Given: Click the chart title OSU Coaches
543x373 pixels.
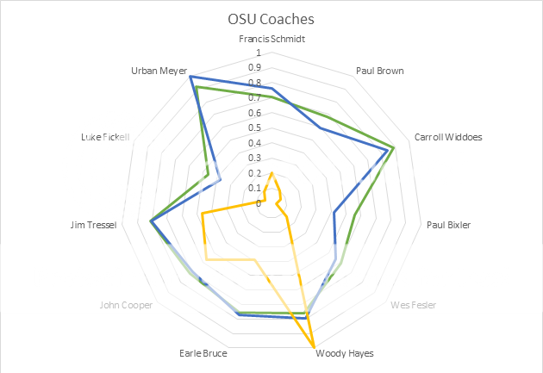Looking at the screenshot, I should pyautogui.click(x=271, y=19).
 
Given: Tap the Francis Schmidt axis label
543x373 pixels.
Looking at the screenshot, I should pyautogui.click(x=271, y=40).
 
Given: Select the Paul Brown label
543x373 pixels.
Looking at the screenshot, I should pyautogui.click(x=380, y=71).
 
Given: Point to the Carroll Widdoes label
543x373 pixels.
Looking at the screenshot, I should pyautogui.click(x=448, y=136).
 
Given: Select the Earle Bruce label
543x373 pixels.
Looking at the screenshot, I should pyautogui.click(x=203, y=353).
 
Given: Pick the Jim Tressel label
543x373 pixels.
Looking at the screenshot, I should pyautogui.click(x=94, y=226).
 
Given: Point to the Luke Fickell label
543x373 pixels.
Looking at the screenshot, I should pyautogui.click(x=105, y=136).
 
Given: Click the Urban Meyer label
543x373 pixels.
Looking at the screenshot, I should pyautogui.click(x=159, y=71).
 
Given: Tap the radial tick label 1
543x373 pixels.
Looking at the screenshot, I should pyautogui.click(x=259, y=53).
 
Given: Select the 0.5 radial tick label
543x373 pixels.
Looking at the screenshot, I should pyautogui.click(x=256, y=127).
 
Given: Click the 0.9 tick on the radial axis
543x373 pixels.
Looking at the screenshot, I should pyautogui.click(x=256, y=67).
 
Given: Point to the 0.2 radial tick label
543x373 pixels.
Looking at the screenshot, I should pyautogui.click(x=256, y=173).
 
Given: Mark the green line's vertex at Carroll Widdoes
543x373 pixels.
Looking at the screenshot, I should pyautogui.click(x=394, y=146).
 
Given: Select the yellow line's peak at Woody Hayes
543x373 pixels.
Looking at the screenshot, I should pyautogui.click(x=314, y=348).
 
